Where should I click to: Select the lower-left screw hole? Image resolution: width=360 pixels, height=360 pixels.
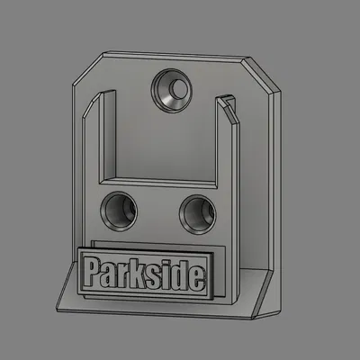120,212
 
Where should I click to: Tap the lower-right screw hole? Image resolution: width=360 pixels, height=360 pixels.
196,212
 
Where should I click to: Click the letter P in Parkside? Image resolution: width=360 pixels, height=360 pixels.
91,271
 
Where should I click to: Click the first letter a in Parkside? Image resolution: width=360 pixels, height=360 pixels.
107,274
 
